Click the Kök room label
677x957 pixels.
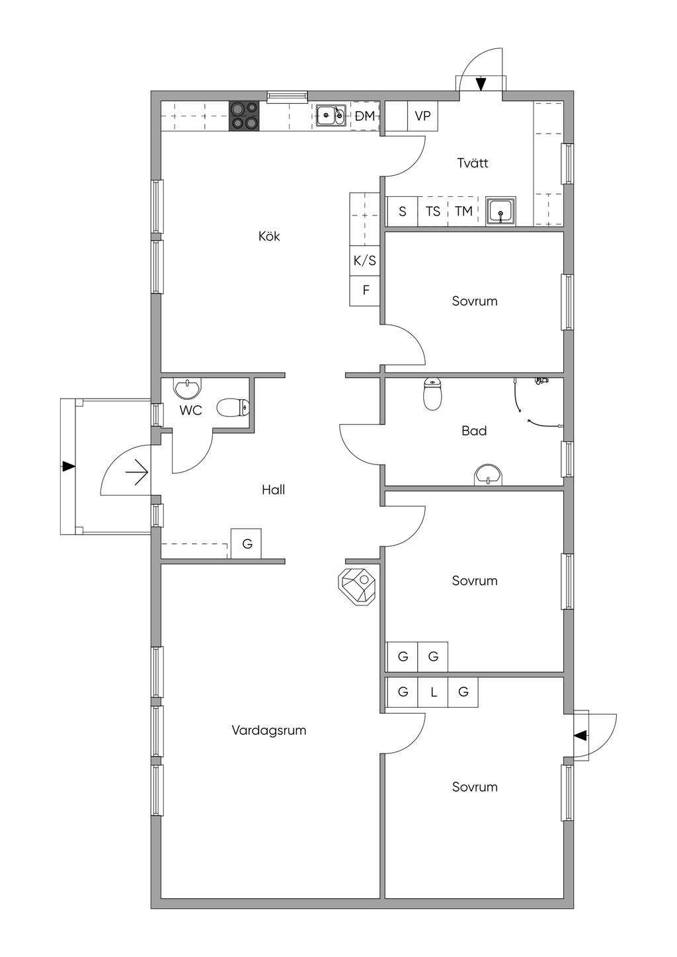[269, 236]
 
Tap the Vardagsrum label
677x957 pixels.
[269, 730]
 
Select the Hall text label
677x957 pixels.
[273, 490]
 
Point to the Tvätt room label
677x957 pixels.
[472, 163]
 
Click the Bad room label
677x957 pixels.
[474, 430]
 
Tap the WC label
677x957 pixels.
[190, 410]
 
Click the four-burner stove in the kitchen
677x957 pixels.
[244, 116]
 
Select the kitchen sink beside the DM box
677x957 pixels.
[331, 116]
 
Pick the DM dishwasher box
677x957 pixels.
[365, 116]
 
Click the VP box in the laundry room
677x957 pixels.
[422, 116]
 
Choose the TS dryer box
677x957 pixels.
[432, 211]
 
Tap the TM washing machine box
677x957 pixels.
[463, 211]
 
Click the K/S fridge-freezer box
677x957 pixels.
[364, 260]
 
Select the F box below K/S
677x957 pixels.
[364, 291]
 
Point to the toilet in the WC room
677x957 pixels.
[233, 408]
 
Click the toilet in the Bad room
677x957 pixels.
[432, 393]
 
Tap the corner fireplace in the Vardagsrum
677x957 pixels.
[357, 586]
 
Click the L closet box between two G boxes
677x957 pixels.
[433, 692]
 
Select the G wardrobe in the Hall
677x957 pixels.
[246, 543]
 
